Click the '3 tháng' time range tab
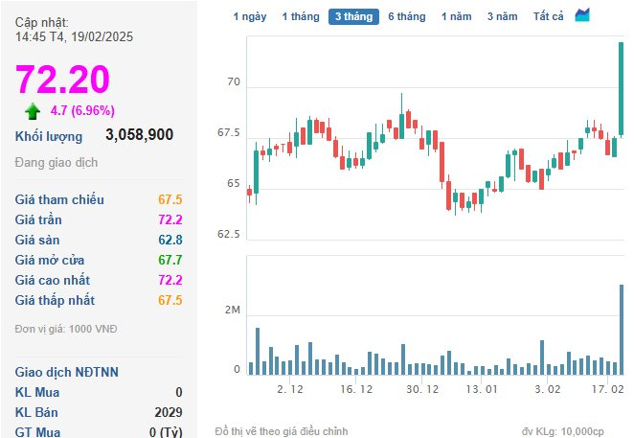coord(353,16)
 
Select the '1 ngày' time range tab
coord(250,16)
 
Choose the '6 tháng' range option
coord(407,16)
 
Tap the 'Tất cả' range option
coord(548,16)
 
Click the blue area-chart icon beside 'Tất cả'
coord(582,15)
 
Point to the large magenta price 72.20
coord(62,79)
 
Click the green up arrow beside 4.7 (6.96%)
coord(33,111)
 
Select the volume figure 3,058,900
coord(140,135)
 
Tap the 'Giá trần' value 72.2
coord(170,219)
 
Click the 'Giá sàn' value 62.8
coord(170,240)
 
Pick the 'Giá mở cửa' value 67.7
coord(170,260)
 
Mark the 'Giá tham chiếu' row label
coord(59,199)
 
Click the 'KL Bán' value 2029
coord(169,412)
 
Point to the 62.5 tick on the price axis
coord(229,235)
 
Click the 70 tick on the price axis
coord(234,82)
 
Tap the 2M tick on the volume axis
coord(233,311)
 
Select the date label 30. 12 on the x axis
coord(422,389)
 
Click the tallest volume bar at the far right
coord(622,330)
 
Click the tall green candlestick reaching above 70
coord(621,88)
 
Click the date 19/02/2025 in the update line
coord(102,36)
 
